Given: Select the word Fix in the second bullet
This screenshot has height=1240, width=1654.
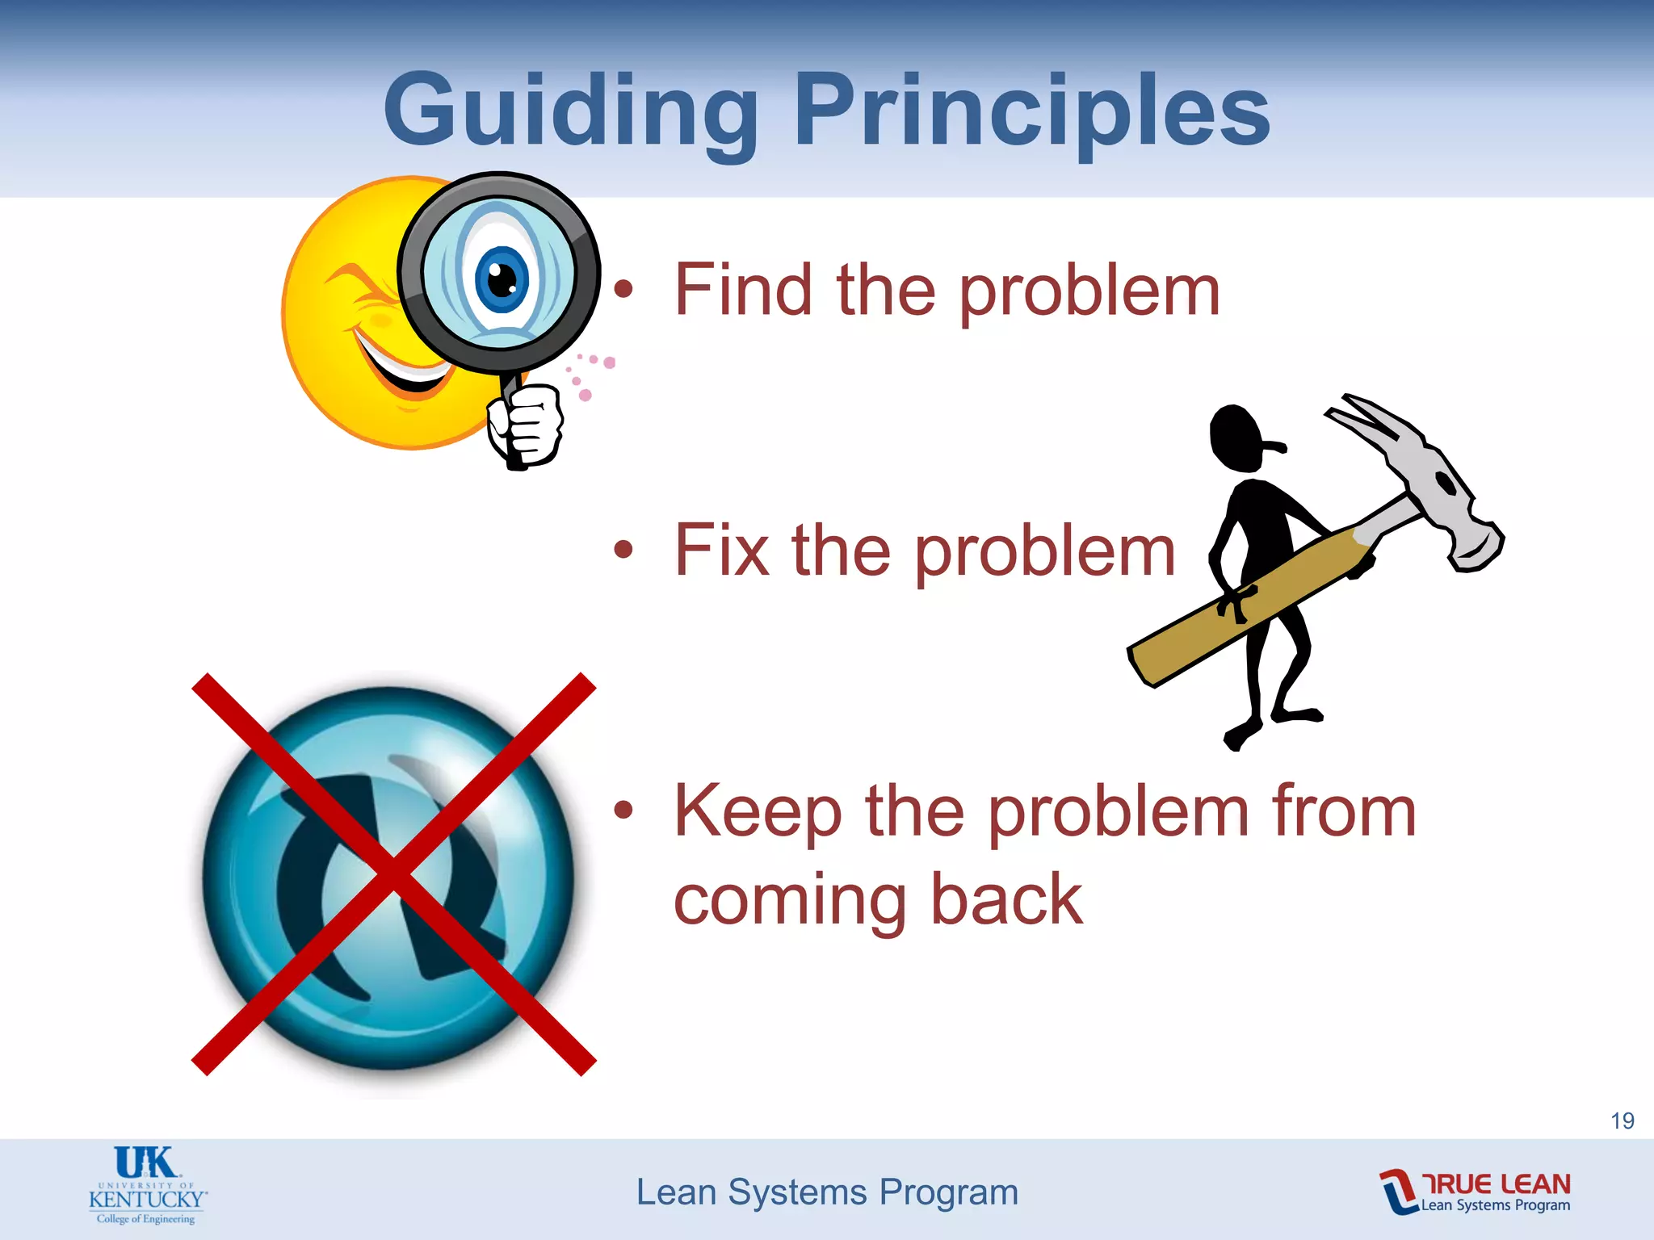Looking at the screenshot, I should (721, 551).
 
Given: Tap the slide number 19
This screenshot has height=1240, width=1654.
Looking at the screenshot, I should (1622, 1121).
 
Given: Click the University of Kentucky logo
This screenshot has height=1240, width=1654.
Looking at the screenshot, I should (147, 1185).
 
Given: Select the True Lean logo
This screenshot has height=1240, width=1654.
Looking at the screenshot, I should (1476, 1192).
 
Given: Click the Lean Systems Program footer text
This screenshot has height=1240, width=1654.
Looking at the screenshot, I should (827, 1192).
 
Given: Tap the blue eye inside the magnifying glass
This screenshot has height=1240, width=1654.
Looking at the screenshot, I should (502, 279).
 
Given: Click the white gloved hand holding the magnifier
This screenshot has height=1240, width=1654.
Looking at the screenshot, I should (526, 424).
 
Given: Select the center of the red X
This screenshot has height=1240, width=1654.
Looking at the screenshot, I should (393, 873).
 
